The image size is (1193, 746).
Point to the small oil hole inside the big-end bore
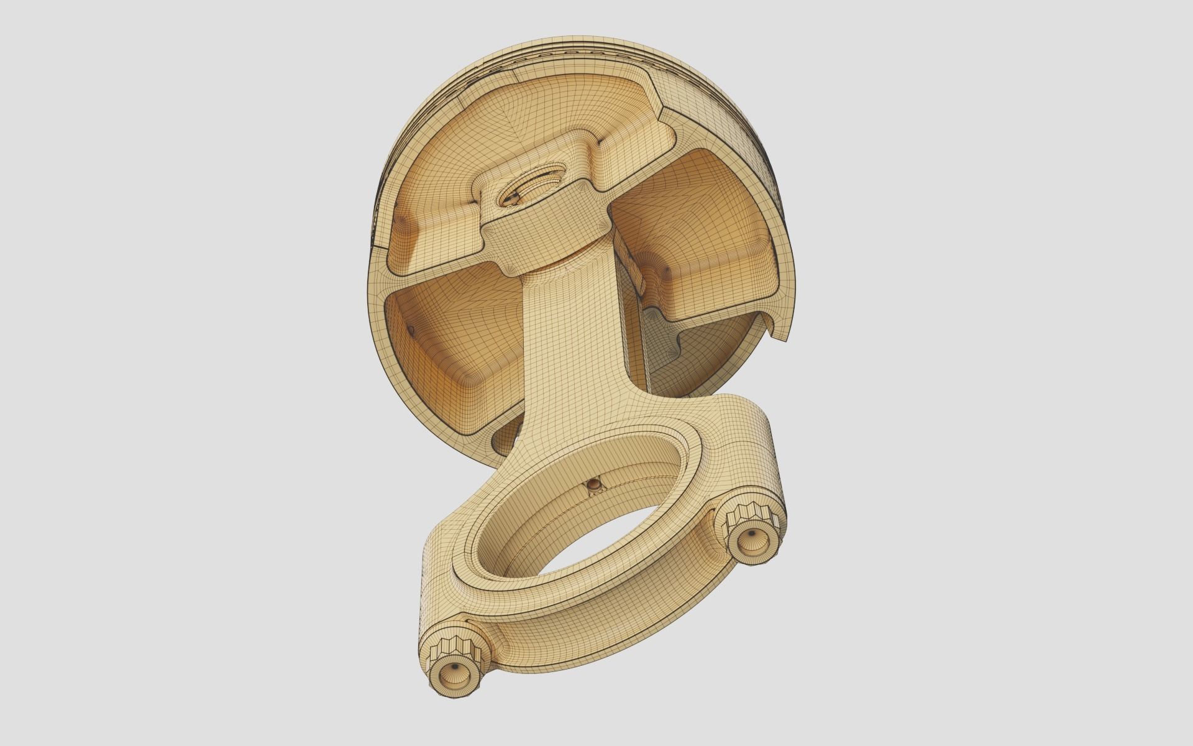point(595,482)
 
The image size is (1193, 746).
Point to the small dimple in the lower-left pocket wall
point(410,328)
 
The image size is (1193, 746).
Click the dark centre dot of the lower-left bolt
point(455,666)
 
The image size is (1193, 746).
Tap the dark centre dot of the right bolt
point(752,533)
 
